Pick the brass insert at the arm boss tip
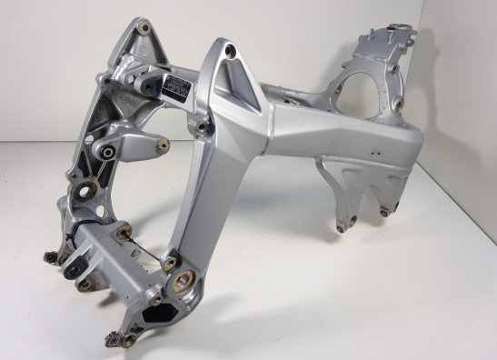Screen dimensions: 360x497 (x=166, y=143)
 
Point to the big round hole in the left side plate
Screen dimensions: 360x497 (x=89, y=193)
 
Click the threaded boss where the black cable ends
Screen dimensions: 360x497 (x=169, y=263)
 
